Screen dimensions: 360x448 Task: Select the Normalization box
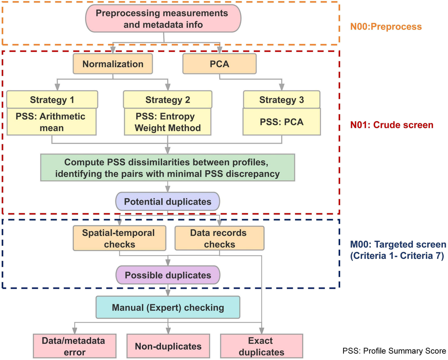click(x=113, y=64)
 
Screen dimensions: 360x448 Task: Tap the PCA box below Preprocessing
click(x=220, y=64)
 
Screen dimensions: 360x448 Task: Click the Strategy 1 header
click(x=52, y=100)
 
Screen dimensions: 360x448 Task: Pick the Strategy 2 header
click(x=168, y=100)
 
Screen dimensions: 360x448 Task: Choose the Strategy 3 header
click(x=281, y=100)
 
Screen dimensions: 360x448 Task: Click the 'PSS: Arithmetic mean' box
click(x=52, y=122)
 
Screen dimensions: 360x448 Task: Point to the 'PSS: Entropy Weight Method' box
click(x=168, y=122)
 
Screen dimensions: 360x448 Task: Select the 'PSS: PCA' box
click(x=281, y=122)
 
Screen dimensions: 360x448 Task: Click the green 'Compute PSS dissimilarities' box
click(x=168, y=168)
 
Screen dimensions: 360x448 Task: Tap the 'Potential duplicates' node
click(x=168, y=202)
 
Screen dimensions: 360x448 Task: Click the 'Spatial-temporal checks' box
click(x=119, y=238)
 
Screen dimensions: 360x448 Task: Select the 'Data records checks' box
click(x=219, y=238)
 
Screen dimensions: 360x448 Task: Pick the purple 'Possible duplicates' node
click(x=168, y=275)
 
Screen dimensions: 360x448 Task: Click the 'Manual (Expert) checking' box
click(x=168, y=308)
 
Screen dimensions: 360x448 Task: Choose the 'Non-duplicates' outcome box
click(x=168, y=346)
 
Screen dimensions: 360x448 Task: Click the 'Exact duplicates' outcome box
click(x=261, y=346)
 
